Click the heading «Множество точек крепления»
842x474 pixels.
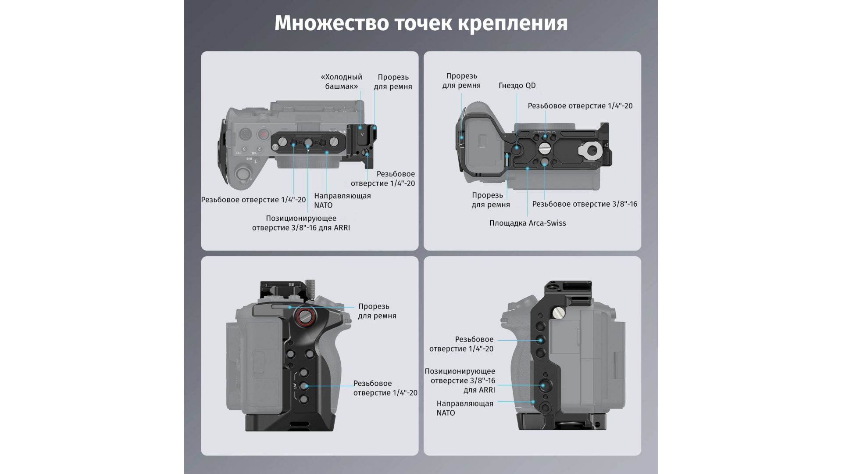(x=421, y=23)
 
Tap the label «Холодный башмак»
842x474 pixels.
(x=342, y=82)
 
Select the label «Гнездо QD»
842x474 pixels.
(x=517, y=86)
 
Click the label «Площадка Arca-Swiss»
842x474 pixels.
(x=528, y=223)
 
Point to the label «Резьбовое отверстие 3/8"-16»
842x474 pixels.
(x=585, y=204)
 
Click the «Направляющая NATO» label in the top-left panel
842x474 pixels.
(x=343, y=201)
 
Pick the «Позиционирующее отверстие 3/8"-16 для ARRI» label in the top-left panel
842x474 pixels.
(x=301, y=223)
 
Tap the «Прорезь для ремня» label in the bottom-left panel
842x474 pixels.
(x=377, y=311)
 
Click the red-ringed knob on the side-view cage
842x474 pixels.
(x=304, y=316)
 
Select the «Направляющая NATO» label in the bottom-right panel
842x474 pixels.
(x=465, y=408)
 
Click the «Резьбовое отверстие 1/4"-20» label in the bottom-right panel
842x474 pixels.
(x=461, y=344)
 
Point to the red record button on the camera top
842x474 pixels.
(x=263, y=134)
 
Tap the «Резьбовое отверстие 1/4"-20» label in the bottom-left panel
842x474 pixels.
(x=385, y=388)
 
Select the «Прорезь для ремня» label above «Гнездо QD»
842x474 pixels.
(x=461, y=81)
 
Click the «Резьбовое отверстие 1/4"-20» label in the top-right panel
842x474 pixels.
(x=580, y=106)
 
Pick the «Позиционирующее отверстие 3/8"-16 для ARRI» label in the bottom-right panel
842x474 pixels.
(x=460, y=381)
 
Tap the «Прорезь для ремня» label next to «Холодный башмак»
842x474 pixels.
(x=393, y=82)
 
